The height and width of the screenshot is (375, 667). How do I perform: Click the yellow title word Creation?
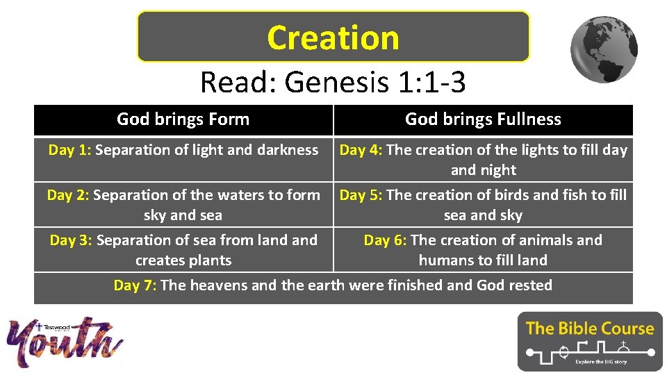(333, 37)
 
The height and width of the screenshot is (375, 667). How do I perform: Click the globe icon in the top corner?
(604, 50)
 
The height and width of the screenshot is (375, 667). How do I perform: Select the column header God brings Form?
(183, 119)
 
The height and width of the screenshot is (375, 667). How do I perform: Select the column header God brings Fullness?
(483, 119)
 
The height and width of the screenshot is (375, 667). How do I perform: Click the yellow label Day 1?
(69, 150)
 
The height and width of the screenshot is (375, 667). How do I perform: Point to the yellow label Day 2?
(68, 195)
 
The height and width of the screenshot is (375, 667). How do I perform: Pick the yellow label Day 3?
(71, 240)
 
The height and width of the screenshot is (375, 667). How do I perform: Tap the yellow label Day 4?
(361, 150)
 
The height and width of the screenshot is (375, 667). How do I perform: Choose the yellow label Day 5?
(361, 195)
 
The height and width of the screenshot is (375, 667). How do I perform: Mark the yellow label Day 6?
(386, 240)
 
